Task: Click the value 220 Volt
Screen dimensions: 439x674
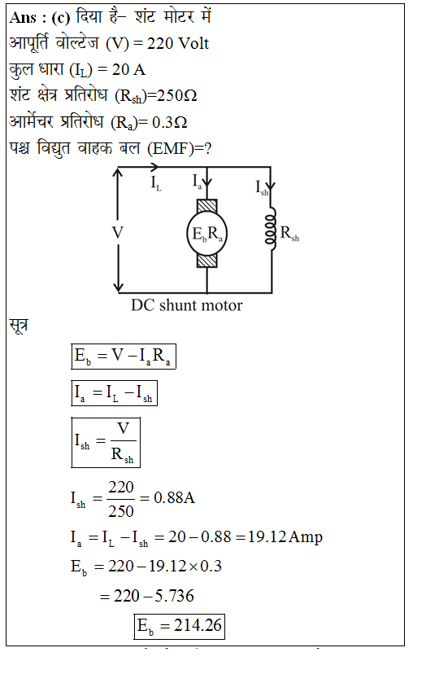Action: (178, 43)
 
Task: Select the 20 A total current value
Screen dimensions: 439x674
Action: (128, 70)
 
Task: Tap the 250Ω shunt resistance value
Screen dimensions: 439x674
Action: (176, 95)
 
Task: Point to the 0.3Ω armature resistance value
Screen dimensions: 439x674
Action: (170, 122)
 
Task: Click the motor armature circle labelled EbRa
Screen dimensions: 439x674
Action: (206, 234)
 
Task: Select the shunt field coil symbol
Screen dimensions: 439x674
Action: (271, 228)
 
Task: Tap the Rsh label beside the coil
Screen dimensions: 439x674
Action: (289, 234)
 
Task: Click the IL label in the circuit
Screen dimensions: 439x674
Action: (156, 183)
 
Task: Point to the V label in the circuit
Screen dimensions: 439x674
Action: (118, 233)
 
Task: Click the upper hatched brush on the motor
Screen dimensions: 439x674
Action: (206, 206)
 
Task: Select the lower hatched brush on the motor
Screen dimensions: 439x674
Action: (206, 261)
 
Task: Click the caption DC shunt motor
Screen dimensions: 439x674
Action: (187, 305)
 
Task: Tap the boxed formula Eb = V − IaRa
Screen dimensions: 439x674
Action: (124, 357)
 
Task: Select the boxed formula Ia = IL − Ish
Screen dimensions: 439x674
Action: (114, 393)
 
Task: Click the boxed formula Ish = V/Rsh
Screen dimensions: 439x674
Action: (106, 442)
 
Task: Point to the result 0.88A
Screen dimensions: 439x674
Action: (174, 497)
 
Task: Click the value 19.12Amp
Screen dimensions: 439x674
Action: (285, 537)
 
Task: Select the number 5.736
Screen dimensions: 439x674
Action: (174, 596)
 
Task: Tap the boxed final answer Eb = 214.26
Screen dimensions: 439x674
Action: (180, 626)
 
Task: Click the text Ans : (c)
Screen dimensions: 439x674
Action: (40, 18)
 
